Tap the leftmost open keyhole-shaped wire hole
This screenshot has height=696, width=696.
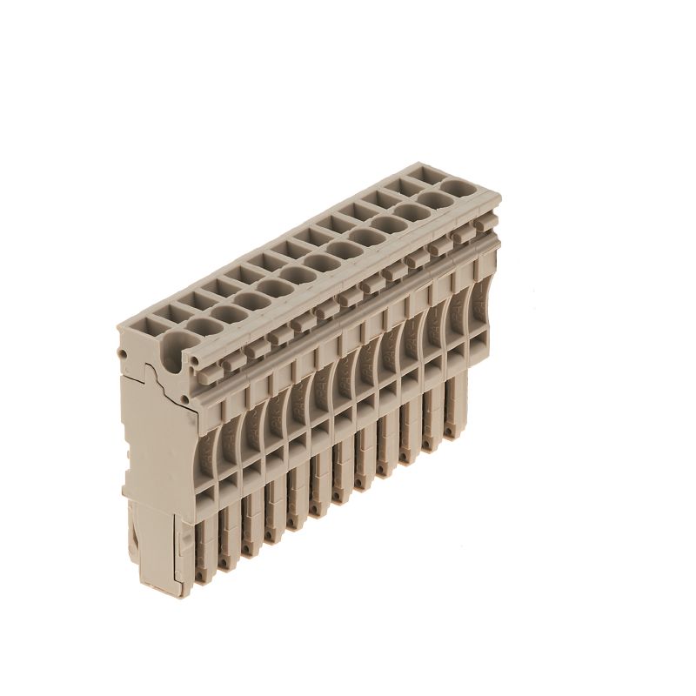pyautogui.click(x=171, y=345)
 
